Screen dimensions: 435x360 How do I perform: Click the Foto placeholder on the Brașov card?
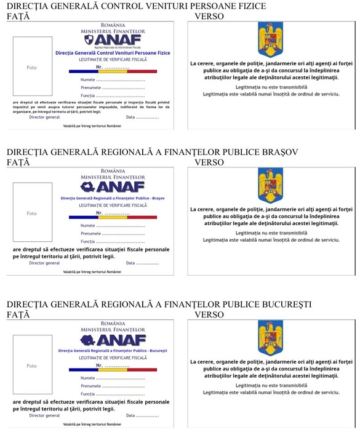(31, 213)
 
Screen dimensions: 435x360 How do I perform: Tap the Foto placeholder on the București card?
(31, 365)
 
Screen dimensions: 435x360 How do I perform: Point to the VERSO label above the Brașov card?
(209, 162)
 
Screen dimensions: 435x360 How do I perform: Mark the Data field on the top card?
(142, 117)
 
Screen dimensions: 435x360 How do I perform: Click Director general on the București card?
(44, 415)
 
